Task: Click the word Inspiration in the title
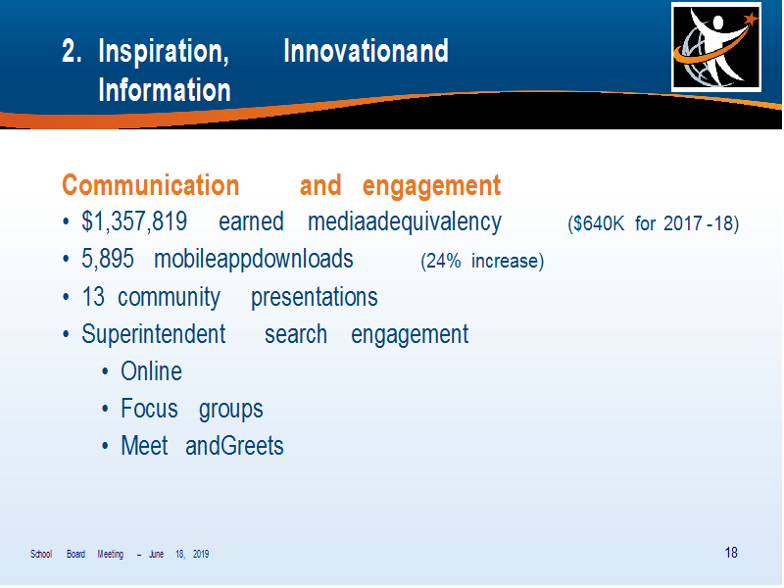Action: point(164,52)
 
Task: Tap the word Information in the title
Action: point(165,90)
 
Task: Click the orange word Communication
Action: point(151,185)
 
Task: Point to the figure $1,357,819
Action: point(134,221)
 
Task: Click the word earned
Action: point(251,221)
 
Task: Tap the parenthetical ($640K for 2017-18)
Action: point(653,223)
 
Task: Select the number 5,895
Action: point(108,259)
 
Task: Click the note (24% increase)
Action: point(482,261)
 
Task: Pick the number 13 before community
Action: point(93,297)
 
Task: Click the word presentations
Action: point(314,298)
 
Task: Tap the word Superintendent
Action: point(154,333)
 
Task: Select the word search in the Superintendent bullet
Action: point(296,334)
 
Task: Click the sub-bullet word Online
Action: point(152,371)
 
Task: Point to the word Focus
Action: point(149,408)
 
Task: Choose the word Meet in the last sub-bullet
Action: point(144,445)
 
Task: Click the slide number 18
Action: point(731,553)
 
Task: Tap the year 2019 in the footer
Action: point(201,554)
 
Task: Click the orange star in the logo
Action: point(751,19)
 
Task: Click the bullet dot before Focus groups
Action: point(105,409)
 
